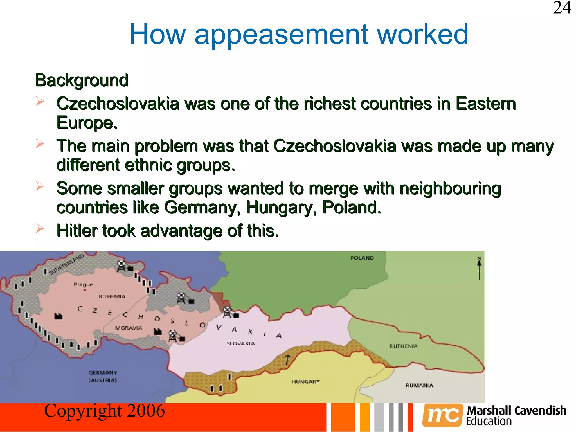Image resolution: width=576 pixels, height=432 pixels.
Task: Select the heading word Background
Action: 82,80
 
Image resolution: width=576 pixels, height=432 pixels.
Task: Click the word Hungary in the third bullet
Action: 281,208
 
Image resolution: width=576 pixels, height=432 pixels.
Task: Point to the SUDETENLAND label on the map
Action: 66,264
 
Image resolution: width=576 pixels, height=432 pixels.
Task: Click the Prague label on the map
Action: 83,285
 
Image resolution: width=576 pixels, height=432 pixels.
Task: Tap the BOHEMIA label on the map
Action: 112,297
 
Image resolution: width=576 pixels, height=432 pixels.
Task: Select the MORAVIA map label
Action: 129,328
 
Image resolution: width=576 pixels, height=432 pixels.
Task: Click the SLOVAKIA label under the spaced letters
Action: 240,344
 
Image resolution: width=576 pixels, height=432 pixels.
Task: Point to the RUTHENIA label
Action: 403,346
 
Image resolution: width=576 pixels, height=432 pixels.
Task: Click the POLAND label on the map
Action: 362,258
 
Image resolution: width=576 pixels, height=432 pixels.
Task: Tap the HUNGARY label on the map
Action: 305,382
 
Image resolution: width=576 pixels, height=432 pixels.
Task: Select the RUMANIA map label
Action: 419,385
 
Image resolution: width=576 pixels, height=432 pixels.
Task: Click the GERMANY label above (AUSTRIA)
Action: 103,373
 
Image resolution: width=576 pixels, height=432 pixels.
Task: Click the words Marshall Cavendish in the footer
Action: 517,411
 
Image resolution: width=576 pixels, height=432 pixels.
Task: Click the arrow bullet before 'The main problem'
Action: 40,144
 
